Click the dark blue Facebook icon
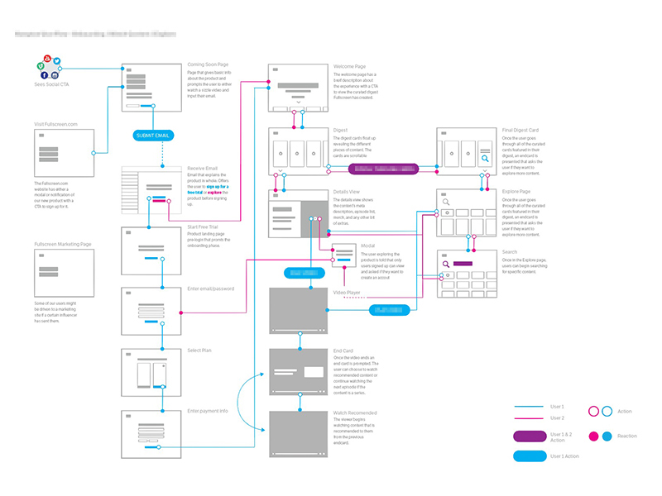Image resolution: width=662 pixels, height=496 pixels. tap(44, 75)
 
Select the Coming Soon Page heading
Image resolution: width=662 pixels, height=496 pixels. tap(209, 65)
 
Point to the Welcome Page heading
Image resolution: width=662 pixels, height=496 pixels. tap(349, 66)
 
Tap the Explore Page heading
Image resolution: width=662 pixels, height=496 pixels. tap(516, 191)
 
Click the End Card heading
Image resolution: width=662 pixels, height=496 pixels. tap(343, 351)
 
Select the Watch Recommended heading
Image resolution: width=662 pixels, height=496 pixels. tap(355, 413)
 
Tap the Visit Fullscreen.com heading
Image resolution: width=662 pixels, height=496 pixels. tap(56, 124)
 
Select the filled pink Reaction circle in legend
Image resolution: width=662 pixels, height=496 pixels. tap(592, 436)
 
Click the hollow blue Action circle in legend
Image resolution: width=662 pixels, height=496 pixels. tap(607, 411)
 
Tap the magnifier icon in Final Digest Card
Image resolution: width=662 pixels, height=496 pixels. tap(484, 157)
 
